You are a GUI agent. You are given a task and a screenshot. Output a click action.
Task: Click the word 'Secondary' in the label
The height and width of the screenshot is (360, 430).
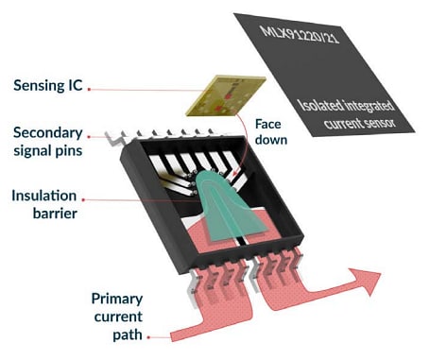pyautogui.click(x=44, y=133)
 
